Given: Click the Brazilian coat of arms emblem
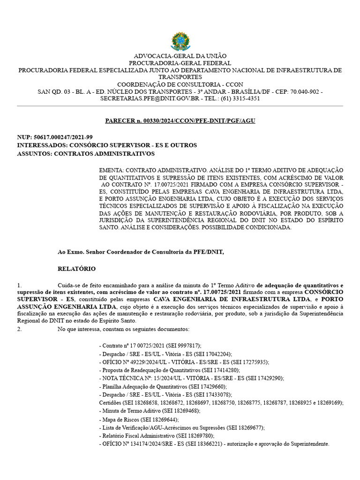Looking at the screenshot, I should [x=180, y=42].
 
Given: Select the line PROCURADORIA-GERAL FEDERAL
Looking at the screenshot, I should [x=180, y=63].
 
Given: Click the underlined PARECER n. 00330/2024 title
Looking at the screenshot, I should [x=180, y=121].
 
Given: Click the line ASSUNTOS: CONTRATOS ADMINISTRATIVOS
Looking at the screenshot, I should [x=85, y=153].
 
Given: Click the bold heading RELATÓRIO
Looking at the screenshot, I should [x=76, y=269].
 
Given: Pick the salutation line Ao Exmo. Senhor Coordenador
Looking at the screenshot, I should [x=141, y=252].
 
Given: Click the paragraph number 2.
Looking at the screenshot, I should [x=19, y=330].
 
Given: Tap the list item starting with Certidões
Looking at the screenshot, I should [x=221, y=403].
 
